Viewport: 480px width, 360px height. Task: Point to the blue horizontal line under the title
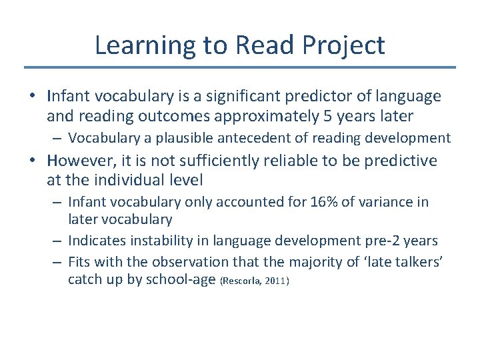(240, 67)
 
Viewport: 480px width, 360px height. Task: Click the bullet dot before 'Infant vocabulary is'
(32, 97)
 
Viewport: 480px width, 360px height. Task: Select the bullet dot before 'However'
(32, 161)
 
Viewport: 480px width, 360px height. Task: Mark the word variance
(389, 202)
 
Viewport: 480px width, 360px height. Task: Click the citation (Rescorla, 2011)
(254, 281)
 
